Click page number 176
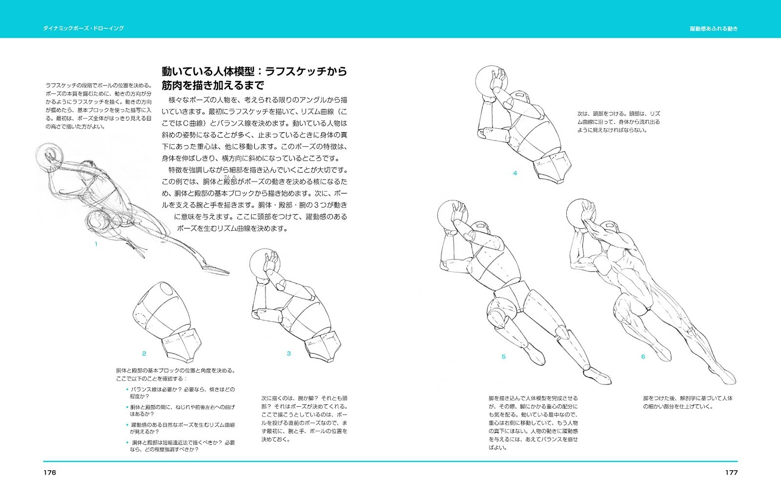click(x=49, y=472)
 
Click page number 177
click(x=731, y=472)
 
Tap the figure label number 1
click(x=96, y=244)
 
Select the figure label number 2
click(x=144, y=354)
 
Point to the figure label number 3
click(x=288, y=354)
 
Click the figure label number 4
click(x=514, y=173)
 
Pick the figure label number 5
click(x=504, y=357)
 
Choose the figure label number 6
click(x=643, y=357)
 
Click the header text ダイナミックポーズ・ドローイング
click(x=83, y=28)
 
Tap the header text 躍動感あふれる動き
click(x=714, y=28)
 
